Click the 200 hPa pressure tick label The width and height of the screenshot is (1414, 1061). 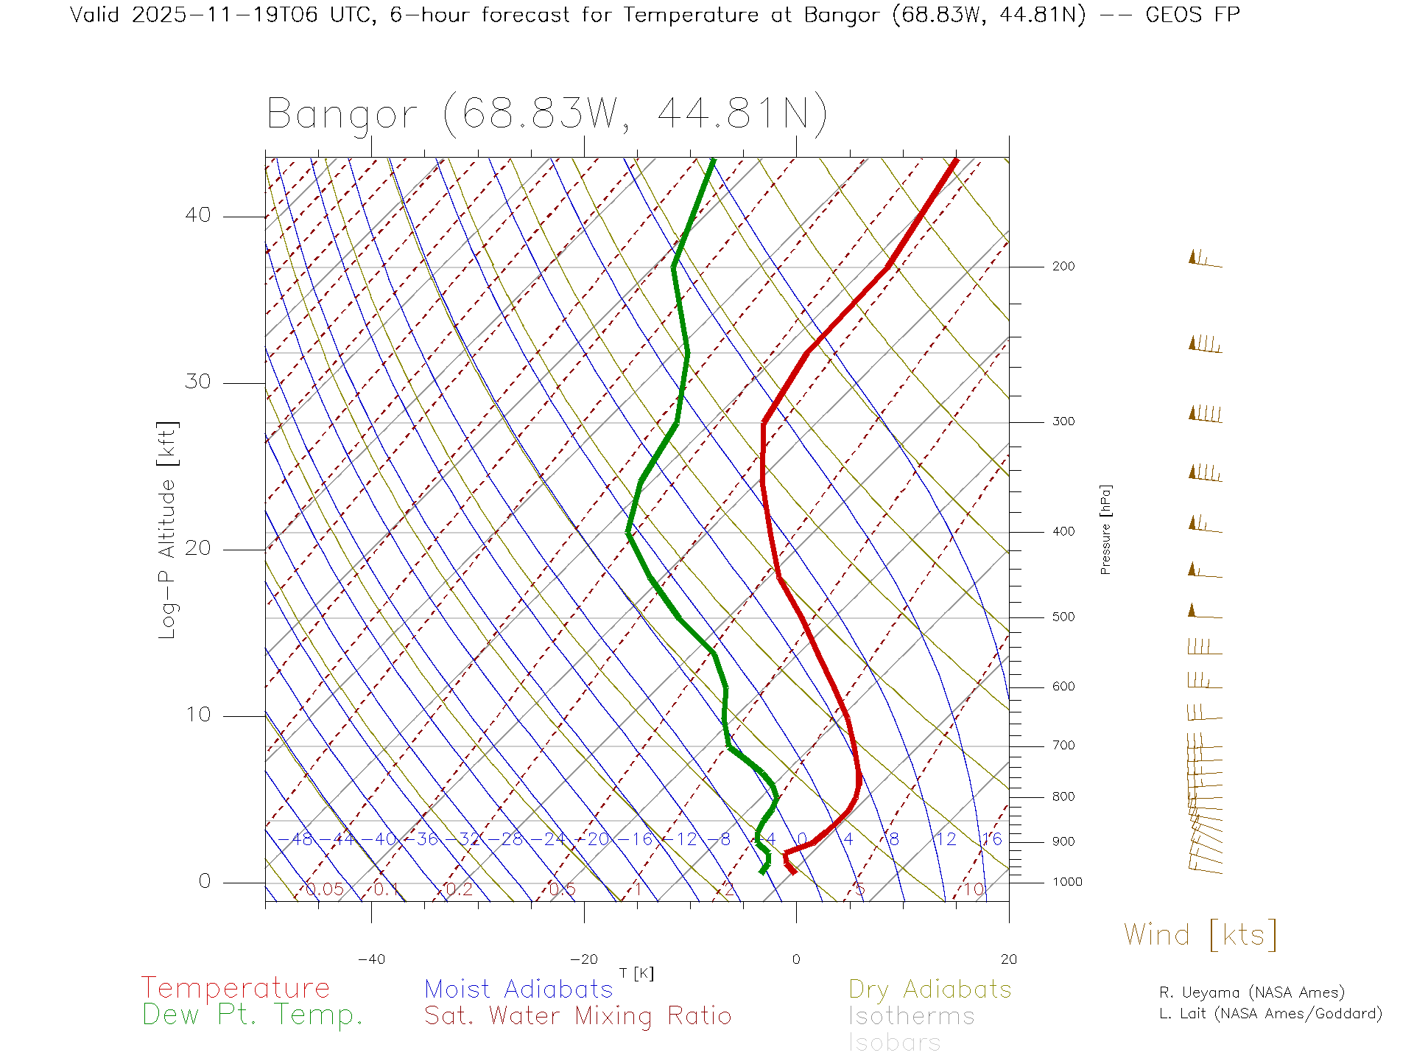pyautogui.click(x=1063, y=266)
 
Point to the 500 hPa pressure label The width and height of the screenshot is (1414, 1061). pyautogui.click(x=1063, y=617)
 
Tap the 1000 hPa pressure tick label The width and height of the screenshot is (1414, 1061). pyautogui.click(x=1066, y=882)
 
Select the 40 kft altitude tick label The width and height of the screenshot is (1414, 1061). pyautogui.click(x=197, y=215)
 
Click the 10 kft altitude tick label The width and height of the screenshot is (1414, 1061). pyautogui.click(x=197, y=715)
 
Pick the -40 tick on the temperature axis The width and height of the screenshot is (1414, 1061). pyautogui.click(x=371, y=959)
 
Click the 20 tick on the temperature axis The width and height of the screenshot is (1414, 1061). pyautogui.click(x=1008, y=959)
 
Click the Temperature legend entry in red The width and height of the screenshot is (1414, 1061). pyautogui.click(x=236, y=987)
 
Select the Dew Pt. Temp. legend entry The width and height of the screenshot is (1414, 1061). pyautogui.click(x=253, y=1015)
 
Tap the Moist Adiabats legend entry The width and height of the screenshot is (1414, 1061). pyautogui.click(x=518, y=989)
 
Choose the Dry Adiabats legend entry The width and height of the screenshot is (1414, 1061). pyautogui.click(x=929, y=989)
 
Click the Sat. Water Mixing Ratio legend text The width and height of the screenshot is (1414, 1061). pyautogui.click(x=577, y=1015)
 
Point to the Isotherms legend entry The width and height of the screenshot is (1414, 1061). pyautogui.click(x=911, y=1016)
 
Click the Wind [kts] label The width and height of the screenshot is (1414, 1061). pyautogui.click(x=1200, y=934)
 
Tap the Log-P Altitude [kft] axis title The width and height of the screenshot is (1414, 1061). pyautogui.click(x=167, y=530)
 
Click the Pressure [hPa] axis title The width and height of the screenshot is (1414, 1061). pyautogui.click(x=1105, y=529)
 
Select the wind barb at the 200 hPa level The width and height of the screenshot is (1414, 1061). pyautogui.click(x=1205, y=259)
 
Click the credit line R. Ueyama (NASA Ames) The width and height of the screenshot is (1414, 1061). pyautogui.click(x=1251, y=992)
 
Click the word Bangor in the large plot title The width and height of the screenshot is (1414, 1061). pyautogui.click(x=342, y=115)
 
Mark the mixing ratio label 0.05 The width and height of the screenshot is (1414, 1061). pyautogui.click(x=325, y=889)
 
